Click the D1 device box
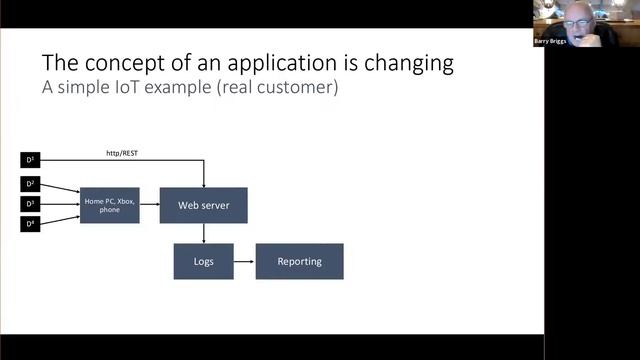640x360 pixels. pos(30,160)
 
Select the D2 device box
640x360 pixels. pos(30,184)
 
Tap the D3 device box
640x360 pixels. pos(30,204)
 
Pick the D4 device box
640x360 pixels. pos(30,224)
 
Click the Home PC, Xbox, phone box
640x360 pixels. pos(109,205)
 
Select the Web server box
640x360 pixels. pos(203,205)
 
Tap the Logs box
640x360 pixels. pos(203,261)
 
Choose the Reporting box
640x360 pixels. pos(299,261)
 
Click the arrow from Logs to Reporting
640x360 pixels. pos(244,261)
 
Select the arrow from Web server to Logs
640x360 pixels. pos(203,233)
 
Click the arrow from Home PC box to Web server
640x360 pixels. pos(150,205)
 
